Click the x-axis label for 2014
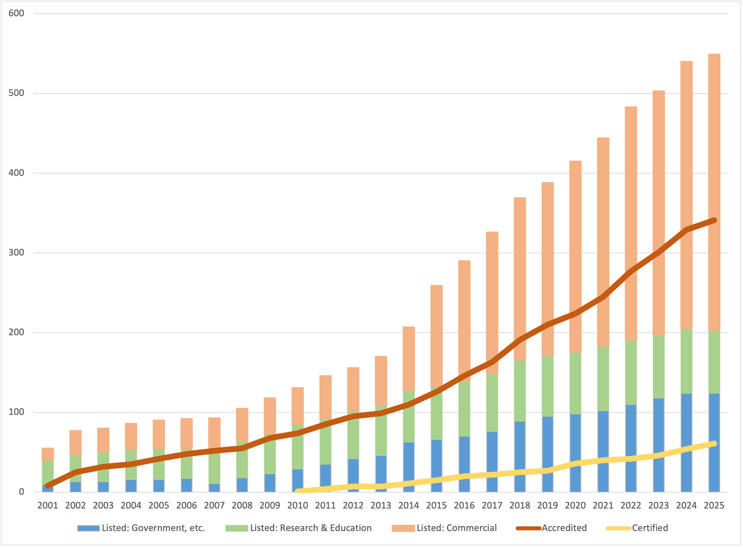408,505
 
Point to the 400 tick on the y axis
16,173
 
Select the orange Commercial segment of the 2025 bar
714,139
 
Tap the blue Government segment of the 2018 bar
520,457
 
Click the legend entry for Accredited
564,528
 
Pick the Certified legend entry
650,528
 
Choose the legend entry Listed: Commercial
456,528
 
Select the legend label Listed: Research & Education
310,528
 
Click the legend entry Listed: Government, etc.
153,528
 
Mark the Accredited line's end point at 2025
714,220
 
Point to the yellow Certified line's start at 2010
298,491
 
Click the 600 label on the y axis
16,13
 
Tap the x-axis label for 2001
47,505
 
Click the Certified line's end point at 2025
714,444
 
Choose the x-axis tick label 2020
575,505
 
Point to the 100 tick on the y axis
16,412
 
